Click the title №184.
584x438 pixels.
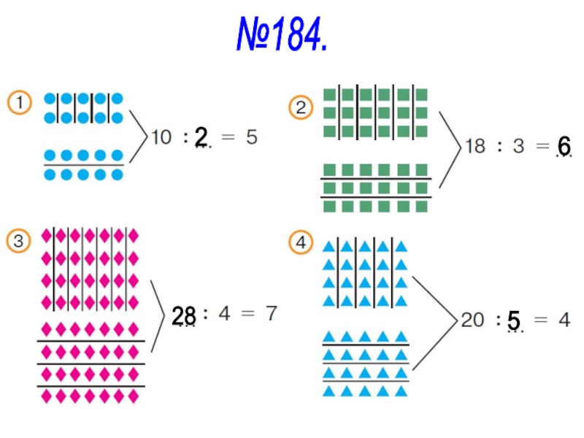click(x=281, y=34)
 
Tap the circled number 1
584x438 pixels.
click(x=20, y=102)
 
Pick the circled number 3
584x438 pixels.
click(x=19, y=241)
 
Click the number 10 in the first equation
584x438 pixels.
click(x=161, y=137)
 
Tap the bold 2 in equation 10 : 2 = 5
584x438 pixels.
click(x=201, y=136)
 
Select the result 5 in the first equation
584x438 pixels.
click(x=251, y=137)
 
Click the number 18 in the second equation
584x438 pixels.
click(x=475, y=146)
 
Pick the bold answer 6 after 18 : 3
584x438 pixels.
click(x=564, y=145)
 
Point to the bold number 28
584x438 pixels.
click(x=184, y=315)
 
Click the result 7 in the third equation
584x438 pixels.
click(x=271, y=314)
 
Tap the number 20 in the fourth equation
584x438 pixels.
click(x=472, y=320)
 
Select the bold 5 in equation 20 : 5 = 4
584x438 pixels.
click(x=515, y=320)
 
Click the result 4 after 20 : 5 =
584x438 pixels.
click(x=564, y=320)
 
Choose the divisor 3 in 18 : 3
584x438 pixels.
click(x=518, y=146)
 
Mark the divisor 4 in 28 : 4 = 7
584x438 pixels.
click(x=224, y=314)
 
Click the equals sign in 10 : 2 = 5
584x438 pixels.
click(x=228, y=137)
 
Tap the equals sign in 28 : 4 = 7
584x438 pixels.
click(x=247, y=315)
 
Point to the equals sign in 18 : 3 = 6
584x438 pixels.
click(x=541, y=146)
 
